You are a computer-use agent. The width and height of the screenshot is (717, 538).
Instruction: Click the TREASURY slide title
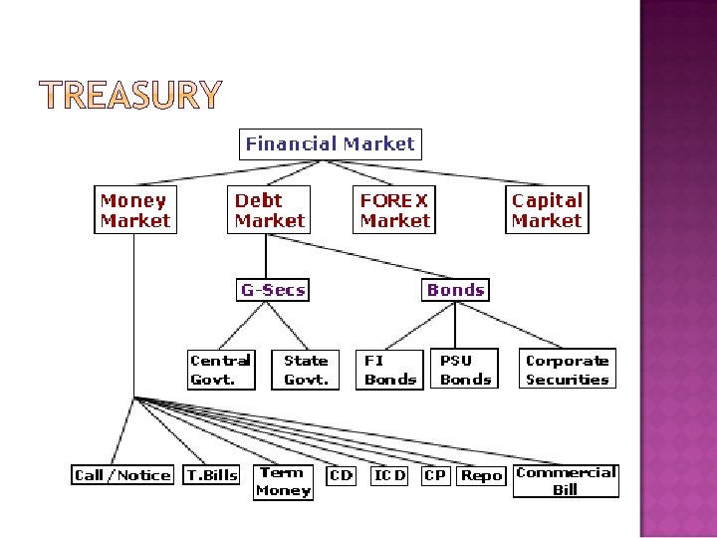tap(130, 95)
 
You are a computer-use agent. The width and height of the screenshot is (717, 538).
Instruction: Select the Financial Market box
tap(330, 143)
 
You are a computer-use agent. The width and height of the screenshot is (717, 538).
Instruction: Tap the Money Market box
tap(134, 210)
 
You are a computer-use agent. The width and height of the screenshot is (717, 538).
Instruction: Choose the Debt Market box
tap(270, 210)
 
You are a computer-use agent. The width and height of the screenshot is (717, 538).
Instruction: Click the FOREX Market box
tap(394, 210)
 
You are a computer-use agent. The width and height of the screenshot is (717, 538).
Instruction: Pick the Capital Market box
tap(547, 210)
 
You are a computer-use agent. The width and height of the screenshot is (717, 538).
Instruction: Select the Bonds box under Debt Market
tap(455, 290)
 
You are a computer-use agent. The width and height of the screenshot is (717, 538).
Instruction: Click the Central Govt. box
tap(221, 370)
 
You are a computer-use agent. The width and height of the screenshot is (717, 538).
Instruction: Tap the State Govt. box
tap(306, 370)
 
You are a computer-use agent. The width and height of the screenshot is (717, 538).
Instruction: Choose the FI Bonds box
tap(390, 370)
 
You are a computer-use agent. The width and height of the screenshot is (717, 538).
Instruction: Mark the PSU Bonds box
tap(465, 370)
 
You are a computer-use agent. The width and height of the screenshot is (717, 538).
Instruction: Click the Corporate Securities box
tap(567, 370)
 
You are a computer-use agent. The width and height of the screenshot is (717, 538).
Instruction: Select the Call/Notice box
tap(122, 475)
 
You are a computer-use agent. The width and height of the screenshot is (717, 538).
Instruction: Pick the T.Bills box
tap(212, 475)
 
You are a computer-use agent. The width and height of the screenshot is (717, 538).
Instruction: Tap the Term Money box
tap(283, 481)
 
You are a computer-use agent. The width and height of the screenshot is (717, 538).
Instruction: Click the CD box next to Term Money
tap(341, 475)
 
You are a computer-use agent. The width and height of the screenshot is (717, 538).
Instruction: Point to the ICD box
tap(389, 475)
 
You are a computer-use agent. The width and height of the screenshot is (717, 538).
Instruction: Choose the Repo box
tap(482, 475)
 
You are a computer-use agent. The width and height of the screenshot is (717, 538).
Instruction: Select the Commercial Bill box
tap(566, 481)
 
